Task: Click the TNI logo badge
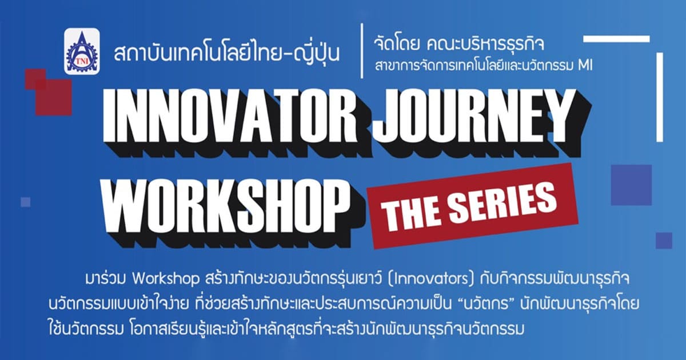pos(82,51)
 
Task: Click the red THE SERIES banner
pos(472,205)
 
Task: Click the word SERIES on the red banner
pos(502,202)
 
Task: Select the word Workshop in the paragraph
pos(166,279)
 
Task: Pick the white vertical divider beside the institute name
pos(362,51)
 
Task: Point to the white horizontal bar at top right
pos(616,39)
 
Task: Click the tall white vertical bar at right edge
pos(660,97)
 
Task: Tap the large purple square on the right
pos(631,185)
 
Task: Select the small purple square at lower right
pos(664,241)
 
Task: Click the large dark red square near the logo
pos(54,97)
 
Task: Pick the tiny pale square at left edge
pos(25,202)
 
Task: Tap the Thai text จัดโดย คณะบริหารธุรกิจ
pos(459,45)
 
